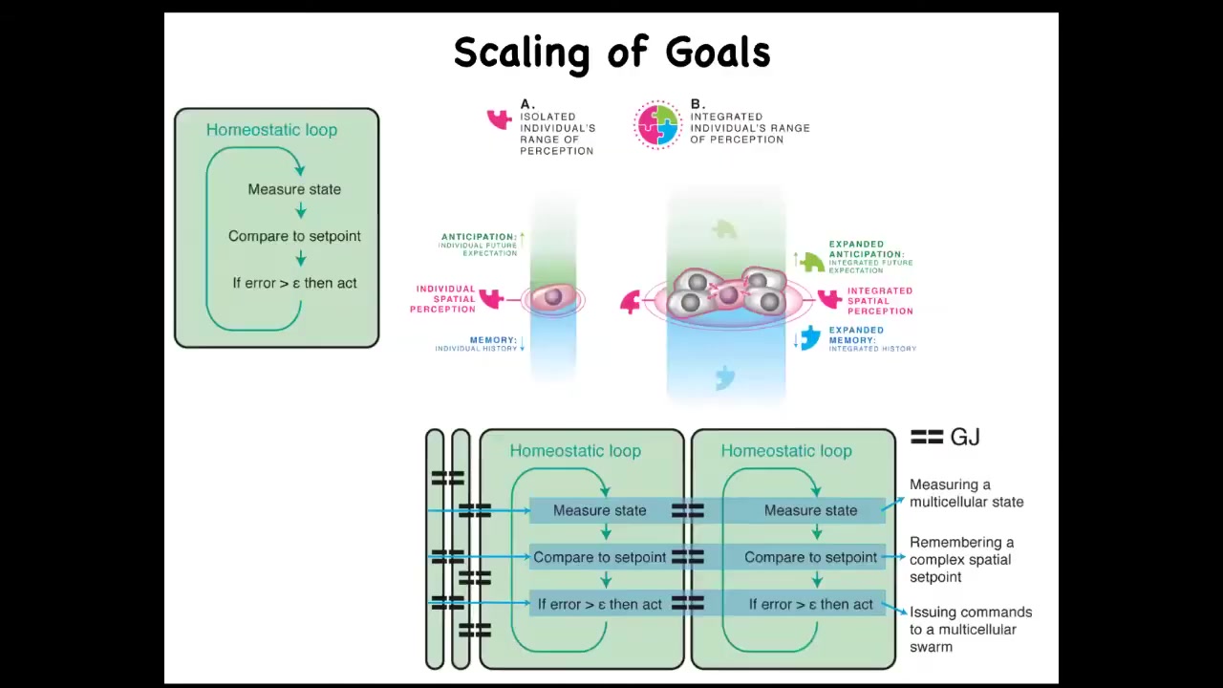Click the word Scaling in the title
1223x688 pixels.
click(x=521, y=54)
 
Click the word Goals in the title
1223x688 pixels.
click(x=718, y=54)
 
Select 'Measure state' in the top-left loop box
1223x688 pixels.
click(x=294, y=189)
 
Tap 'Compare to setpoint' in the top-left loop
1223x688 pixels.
click(x=294, y=236)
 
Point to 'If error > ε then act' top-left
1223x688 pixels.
click(x=294, y=283)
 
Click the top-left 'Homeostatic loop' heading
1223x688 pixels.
click(x=271, y=130)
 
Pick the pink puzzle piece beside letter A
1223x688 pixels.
click(x=499, y=119)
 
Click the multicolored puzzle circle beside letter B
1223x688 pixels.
click(x=657, y=124)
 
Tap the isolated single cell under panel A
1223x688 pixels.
click(x=552, y=298)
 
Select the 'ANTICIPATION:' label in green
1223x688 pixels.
click(x=478, y=237)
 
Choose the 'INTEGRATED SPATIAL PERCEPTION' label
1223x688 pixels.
click(x=879, y=301)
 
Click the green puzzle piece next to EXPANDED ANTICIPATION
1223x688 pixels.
click(x=812, y=261)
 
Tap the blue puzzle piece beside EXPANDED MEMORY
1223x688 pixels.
click(x=810, y=337)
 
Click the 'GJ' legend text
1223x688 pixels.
click(x=965, y=438)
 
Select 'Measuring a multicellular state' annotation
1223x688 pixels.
click(x=965, y=493)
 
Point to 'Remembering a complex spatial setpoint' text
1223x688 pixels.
click(x=961, y=559)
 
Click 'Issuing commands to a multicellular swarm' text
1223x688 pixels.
click(x=969, y=629)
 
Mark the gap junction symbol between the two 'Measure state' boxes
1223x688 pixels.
click(x=687, y=511)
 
